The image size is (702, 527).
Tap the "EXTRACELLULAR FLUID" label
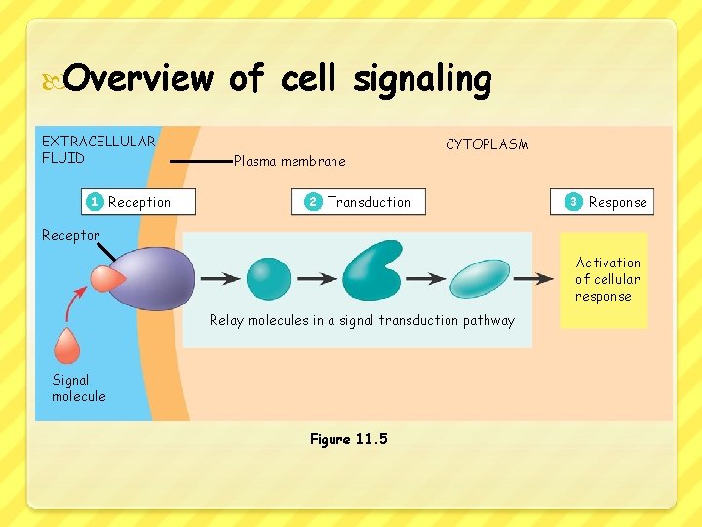pyautogui.click(x=97, y=149)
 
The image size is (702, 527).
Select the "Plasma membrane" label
pyautogui.click(x=290, y=161)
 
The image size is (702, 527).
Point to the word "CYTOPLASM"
pyautogui.click(x=487, y=144)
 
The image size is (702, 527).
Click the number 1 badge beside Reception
pyautogui.click(x=94, y=202)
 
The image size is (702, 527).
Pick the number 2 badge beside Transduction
pyautogui.click(x=313, y=202)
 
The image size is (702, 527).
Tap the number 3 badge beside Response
pyautogui.click(x=573, y=202)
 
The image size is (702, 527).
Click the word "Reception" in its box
pyautogui.click(x=139, y=202)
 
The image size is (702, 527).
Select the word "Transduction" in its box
pyautogui.click(x=369, y=202)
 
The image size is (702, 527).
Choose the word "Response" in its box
pyautogui.click(x=617, y=202)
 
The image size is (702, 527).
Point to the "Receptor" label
pyautogui.click(x=70, y=235)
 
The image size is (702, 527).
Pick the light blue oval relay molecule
pyautogui.click(x=477, y=278)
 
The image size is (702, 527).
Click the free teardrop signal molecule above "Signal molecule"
pyautogui.click(x=67, y=345)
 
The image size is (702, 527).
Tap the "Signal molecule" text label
pyautogui.click(x=78, y=387)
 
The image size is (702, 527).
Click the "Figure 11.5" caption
pyautogui.click(x=348, y=439)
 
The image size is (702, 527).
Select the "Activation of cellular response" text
pyautogui.click(x=607, y=279)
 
